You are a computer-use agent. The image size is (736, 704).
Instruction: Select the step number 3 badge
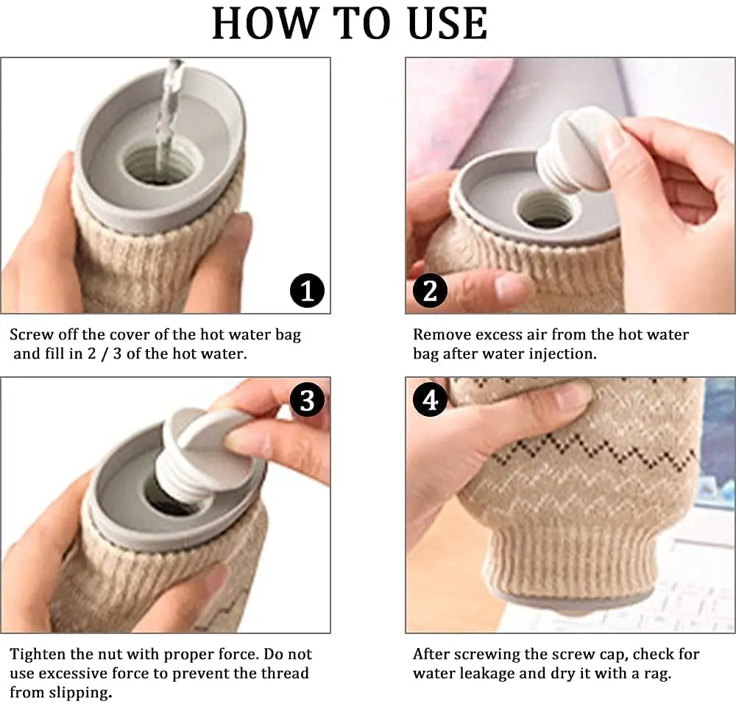[x=307, y=401]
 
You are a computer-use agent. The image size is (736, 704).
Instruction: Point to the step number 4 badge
[x=430, y=401]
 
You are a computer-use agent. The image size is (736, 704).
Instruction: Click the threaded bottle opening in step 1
[x=158, y=165]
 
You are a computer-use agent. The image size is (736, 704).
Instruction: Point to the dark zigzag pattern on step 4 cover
[x=589, y=450]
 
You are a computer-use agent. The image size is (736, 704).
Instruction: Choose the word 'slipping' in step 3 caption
[x=83, y=692]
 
